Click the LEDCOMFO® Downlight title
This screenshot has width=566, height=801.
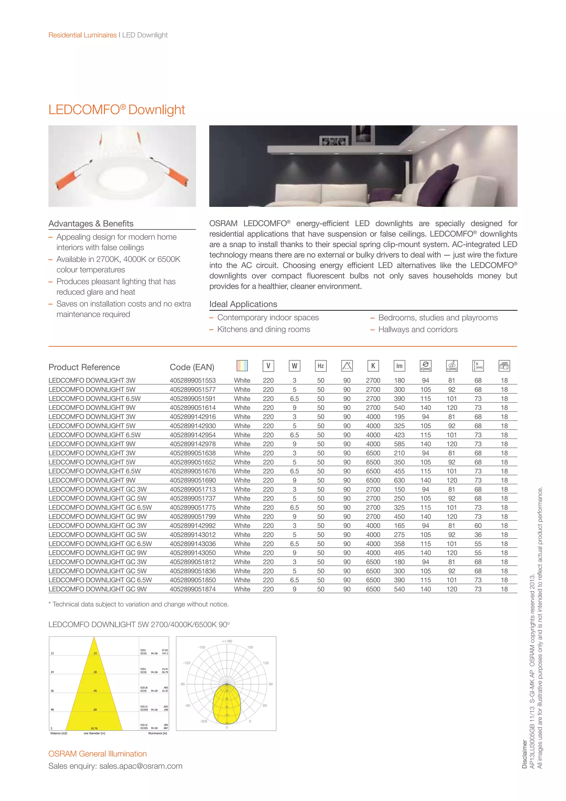(116, 110)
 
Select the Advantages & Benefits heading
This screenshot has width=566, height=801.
(91, 224)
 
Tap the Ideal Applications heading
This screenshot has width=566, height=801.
(243, 304)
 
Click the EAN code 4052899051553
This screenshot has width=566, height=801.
(192, 380)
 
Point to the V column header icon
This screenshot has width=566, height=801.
(268, 366)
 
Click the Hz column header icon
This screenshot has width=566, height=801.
(320, 366)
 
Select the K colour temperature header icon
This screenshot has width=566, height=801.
(373, 366)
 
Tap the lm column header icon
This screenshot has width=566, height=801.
(399, 366)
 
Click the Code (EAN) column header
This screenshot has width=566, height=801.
(192, 367)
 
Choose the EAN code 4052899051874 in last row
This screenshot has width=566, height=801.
(192, 589)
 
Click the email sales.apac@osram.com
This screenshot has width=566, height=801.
(141, 766)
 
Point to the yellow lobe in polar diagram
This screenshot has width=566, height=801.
(227, 703)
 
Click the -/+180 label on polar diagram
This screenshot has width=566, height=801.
(227, 641)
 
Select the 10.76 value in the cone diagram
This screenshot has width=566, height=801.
(94, 729)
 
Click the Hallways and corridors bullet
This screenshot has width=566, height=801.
(418, 329)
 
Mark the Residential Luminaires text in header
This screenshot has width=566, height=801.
(83, 35)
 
